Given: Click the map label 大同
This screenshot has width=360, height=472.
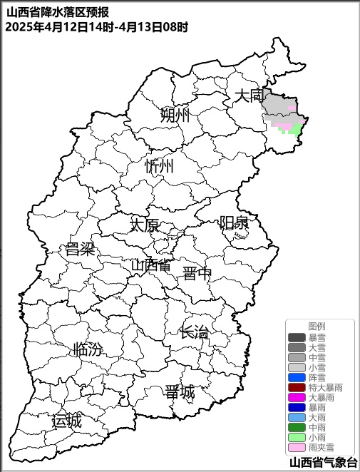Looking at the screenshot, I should point(250,96).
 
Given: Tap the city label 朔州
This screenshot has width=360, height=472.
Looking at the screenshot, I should point(175,114).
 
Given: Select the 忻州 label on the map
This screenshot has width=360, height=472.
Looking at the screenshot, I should point(159,167).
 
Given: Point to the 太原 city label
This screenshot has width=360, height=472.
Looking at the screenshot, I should point(144,225).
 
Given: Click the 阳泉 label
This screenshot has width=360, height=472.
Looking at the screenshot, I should point(234,222).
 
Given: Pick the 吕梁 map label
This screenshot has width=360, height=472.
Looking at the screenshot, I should point(80,249).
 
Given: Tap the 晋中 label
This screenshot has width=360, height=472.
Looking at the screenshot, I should point(197,274).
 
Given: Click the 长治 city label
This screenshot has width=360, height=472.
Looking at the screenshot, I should point(194,332).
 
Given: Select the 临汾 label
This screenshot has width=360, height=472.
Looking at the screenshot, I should point(88,349).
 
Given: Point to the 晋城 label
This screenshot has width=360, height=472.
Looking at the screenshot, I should point(179,392).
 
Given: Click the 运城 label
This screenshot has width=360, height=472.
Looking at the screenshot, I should point(67,421).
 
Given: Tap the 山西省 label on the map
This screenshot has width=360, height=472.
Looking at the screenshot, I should point(151,266).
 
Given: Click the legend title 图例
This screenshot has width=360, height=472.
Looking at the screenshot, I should point(317,326).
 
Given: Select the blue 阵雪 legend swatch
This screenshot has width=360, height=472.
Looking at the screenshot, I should point(297,377).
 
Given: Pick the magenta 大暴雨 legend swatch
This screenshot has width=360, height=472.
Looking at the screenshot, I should point(297,397).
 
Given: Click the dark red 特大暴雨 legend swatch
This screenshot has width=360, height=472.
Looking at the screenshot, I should point(297,387).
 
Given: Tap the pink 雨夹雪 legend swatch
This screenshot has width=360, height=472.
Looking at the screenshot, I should point(297,448).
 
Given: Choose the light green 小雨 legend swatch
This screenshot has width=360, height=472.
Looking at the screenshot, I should point(297,438).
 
